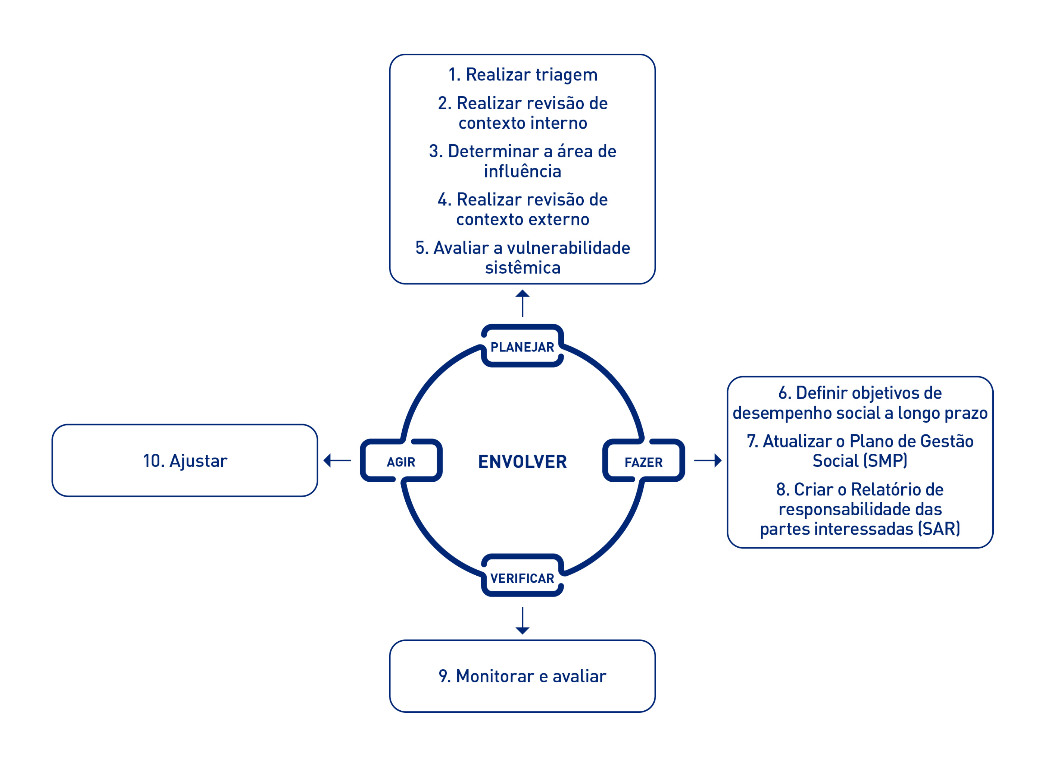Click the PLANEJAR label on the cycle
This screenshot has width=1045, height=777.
point(522,347)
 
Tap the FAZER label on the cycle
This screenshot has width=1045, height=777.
point(643,462)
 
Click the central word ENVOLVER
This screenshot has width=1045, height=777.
point(522,462)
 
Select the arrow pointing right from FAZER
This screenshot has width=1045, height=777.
point(708,460)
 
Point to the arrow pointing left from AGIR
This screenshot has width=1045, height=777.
point(337,460)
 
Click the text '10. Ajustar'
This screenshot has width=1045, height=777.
point(185,461)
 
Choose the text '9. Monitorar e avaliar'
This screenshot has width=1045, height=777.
point(522,676)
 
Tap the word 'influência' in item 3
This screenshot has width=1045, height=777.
point(522,171)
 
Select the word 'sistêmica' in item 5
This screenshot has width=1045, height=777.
point(522,268)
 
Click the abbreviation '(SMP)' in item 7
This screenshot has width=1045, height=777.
point(887,460)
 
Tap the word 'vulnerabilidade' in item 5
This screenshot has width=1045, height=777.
point(568,248)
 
